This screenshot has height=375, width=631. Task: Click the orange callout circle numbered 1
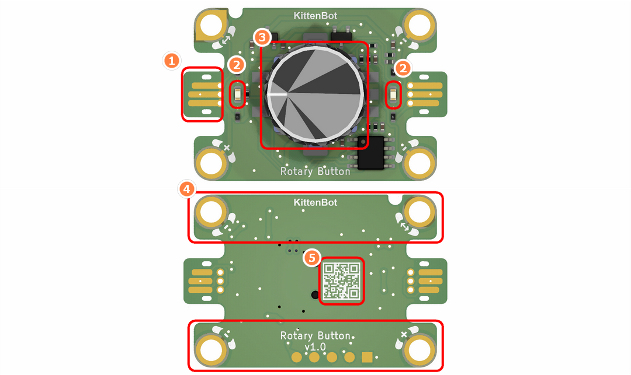pos(171,60)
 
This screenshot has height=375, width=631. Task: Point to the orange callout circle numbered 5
pos(313,257)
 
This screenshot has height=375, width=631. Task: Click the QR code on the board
pos(341,280)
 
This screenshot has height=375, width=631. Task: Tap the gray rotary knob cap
pos(313,95)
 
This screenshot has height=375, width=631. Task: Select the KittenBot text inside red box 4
pos(315,202)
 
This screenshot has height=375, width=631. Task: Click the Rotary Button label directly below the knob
pos(315,171)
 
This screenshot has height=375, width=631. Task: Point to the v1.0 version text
pos(315,346)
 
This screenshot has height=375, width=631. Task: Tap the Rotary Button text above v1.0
pos(315,336)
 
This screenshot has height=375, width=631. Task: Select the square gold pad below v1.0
pos(367,357)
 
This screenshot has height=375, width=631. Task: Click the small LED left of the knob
pos(238,94)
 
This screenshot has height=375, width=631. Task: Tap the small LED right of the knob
pos(393,94)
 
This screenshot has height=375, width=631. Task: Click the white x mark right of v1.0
pos(403,334)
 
